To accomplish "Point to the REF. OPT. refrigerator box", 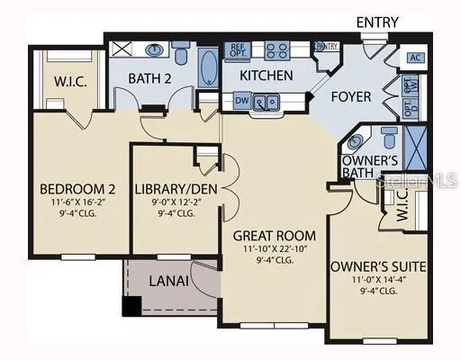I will click(x=239, y=51).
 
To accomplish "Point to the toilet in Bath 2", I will click(x=181, y=55).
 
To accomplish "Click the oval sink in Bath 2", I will click(x=154, y=50).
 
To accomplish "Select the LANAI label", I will click(x=168, y=281).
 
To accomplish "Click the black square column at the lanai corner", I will click(x=131, y=305).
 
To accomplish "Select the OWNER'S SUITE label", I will click(x=378, y=266).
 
